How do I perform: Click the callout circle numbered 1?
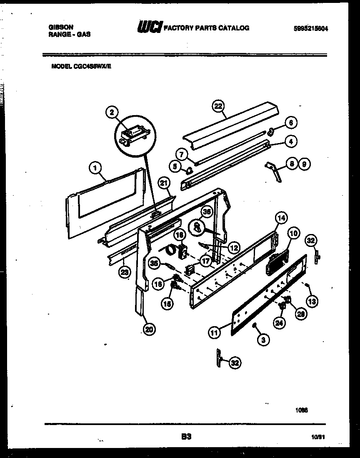coord(95,168)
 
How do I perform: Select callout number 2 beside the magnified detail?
coord(111,112)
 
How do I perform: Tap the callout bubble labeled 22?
coord(218,106)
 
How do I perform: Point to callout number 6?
coord(291,122)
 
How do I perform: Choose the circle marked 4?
coord(291,142)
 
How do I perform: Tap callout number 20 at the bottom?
coord(149,330)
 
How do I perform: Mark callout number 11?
coord(214,332)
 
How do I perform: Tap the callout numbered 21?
coord(165,183)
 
